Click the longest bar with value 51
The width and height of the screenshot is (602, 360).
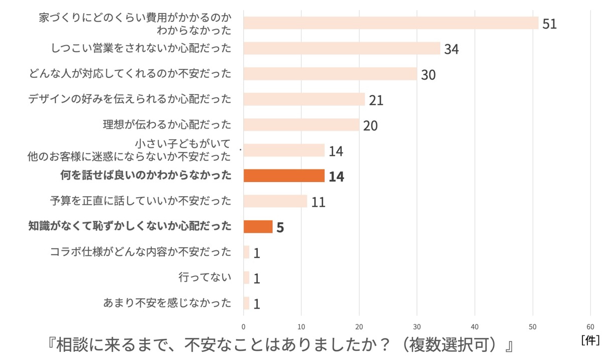[x=390, y=23]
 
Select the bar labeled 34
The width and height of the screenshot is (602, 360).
[x=342, y=49]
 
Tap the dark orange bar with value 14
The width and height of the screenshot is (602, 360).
[x=284, y=175]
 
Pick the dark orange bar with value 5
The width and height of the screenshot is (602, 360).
[x=258, y=227]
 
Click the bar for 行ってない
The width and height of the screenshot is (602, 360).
[x=246, y=278]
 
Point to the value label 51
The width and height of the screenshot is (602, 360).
[x=549, y=24]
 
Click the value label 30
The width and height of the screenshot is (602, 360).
[x=428, y=75]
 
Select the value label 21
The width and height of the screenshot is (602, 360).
[x=376, y=100]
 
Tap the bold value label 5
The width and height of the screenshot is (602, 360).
[x=280, y=228]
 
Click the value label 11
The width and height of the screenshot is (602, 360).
[x=318, y=202]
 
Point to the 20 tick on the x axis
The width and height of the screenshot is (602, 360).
[x=359, y=326]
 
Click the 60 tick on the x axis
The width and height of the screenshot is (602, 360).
[x=590, y=326]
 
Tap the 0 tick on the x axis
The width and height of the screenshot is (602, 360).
[x=244, y=326]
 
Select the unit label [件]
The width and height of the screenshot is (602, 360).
[x=590, y=340]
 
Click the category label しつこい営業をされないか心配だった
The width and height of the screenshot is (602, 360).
[x=141, y=48]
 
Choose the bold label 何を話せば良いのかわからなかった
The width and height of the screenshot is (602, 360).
[x=146, y=175]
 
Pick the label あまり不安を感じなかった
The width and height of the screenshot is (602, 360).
[x=167, y=303]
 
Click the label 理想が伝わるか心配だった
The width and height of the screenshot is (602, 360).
[x=167, y=124]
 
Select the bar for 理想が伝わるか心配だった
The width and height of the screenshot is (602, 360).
[x=301, y=125]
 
